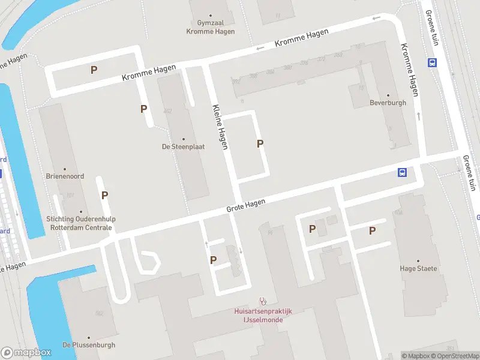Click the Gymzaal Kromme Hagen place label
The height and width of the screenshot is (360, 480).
point(210,27)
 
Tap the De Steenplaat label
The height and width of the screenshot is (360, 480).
point(183,146)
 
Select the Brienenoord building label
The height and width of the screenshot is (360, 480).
point(65,176)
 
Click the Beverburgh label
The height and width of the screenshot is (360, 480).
point(388,103)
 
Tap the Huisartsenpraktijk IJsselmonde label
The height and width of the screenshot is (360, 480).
point(263,315)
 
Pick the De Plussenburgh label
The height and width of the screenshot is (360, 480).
point(89,345)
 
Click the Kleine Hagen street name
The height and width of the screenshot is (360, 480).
point(220,127)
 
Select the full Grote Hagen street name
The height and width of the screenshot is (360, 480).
point(245,206)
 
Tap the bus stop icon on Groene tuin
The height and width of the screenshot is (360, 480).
point(431,62)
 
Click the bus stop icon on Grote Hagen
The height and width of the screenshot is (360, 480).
point(402,173)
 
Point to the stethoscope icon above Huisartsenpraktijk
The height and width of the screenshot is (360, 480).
point(262,301)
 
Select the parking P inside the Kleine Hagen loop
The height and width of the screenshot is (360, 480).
point(260,143)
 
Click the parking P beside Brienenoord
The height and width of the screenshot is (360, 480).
point(104,195)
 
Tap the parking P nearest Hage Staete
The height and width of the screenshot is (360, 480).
point(372,230)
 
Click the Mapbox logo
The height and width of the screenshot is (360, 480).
point(25,352)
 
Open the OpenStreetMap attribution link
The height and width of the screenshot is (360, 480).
point(455,356)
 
